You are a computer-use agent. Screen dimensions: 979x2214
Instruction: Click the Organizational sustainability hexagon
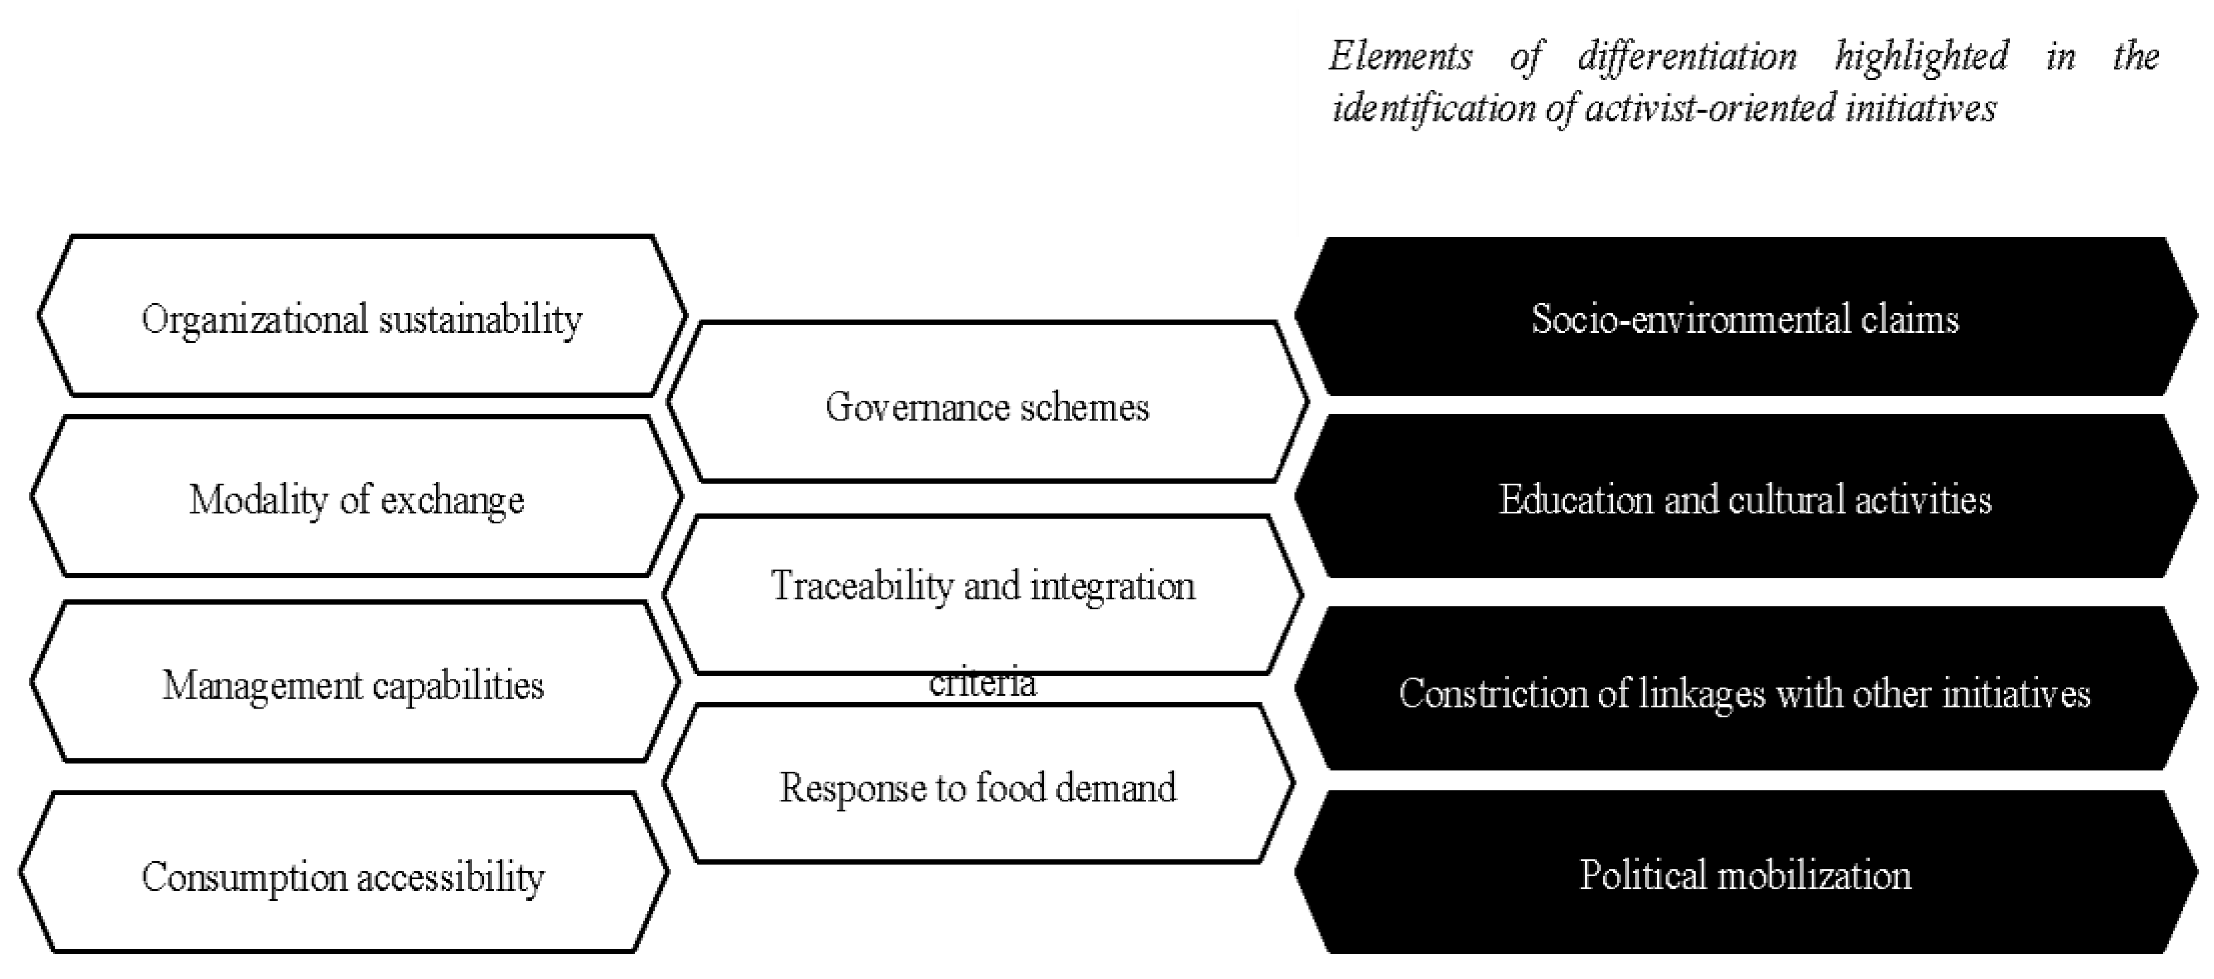click(x=361, y=316)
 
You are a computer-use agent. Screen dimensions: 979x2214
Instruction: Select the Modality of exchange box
click(x=356, y=497)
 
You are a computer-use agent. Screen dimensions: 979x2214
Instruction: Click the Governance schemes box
click(x=987, y=405)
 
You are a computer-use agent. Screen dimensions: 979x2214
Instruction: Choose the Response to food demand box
click(x=977, y=786)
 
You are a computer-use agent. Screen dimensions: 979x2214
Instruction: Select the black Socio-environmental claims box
click(x=1745, y=317)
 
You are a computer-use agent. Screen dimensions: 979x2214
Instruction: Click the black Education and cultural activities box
click(x=1745, y=498)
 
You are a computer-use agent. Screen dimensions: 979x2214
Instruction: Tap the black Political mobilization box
click(x=1745, y=874)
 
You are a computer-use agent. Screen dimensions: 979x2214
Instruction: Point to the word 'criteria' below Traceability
click(x=982, y=684)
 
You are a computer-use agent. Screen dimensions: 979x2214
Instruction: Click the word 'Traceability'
click(x=862, y=585)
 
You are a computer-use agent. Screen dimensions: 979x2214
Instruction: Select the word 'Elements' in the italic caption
click(x=1401, y=57)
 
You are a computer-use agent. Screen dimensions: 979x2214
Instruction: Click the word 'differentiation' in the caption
click(x=1686, y=57)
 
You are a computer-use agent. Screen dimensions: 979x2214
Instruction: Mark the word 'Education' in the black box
click(x=1576, y=498)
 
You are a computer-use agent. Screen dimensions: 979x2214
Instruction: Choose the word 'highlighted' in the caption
click(x=1922, y=57)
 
